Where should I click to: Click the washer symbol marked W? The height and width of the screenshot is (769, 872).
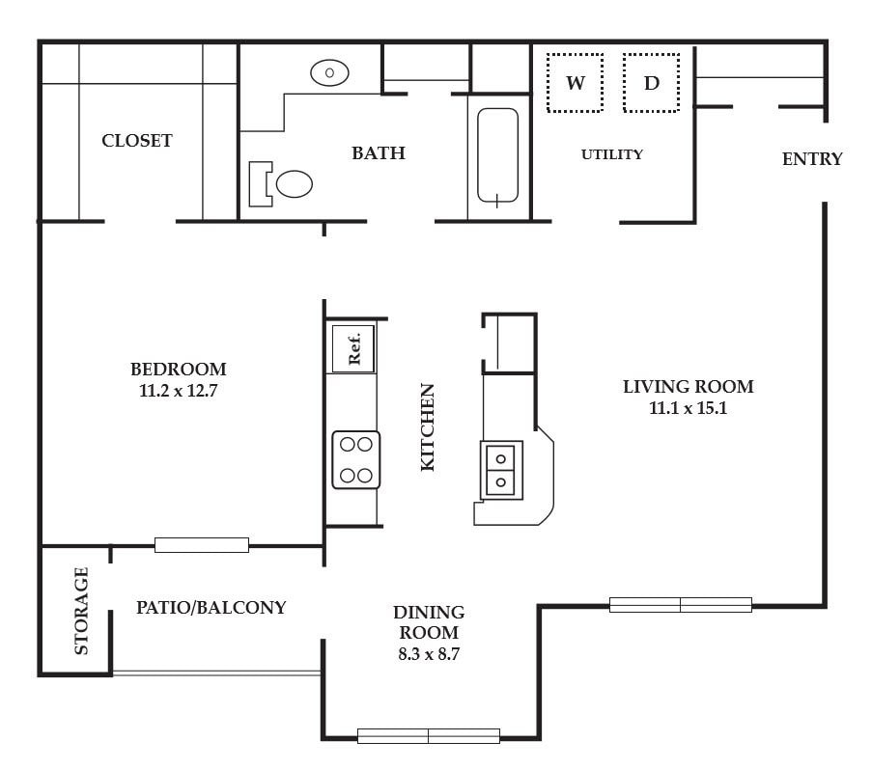[x=575, y=83]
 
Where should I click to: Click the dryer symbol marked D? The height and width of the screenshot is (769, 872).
[x=651, y=83]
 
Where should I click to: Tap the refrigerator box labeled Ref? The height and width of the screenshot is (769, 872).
[x=353, y=348]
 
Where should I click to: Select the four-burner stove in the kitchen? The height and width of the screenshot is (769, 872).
[x=356, y=460]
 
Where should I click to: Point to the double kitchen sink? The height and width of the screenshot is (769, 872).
[x=501, y=470]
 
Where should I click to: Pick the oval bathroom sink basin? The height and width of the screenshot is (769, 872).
[x=329, y=72]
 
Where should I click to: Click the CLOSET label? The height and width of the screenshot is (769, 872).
[x=137, y=141]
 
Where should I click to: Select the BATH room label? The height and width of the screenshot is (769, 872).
[x=379, y=152]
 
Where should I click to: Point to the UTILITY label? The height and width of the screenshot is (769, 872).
[x=611, y=154]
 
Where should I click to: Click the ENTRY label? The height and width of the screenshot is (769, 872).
[x=812, y=159]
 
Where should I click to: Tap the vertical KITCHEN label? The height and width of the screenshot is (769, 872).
[x=427, y=427]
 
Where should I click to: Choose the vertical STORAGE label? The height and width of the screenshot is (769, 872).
[x=81, y=611]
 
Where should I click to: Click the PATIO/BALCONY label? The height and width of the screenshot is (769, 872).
[x=211, y=607]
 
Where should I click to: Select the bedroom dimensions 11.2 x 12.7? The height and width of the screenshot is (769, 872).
[x=178, y=391]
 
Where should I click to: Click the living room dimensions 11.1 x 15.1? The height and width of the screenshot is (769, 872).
[x=688, y=408]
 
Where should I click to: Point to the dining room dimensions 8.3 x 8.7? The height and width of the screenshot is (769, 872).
[x=429, y=654]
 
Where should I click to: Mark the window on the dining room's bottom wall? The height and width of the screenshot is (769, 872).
[x=428, y=736]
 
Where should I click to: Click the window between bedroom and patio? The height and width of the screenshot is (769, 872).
[x=201, y=545]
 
